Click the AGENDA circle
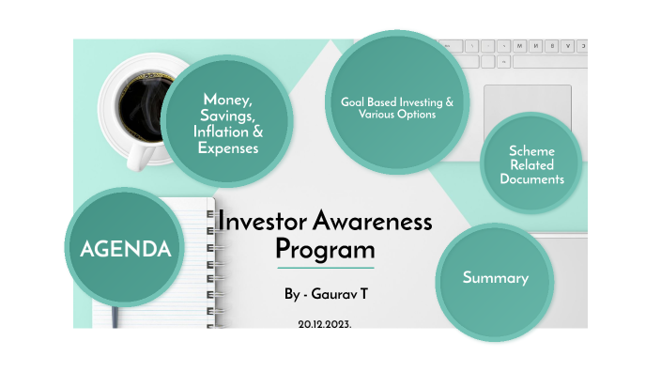pyautogui.click(x=125, y=249)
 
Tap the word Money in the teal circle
pyautogui.click(x=227, y=100)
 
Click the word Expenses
pyautogui.click(x=228, y=147)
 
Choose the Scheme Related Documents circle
pyautogui.click(x=531, y=164)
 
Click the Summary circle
pyautogui.click(x=495, y=278)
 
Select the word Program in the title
pyautogui.click(x=324, y=250)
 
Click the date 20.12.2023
pyautogui.click(x=325, y=323)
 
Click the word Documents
pyautogui.click(x=531, y=178)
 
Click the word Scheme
pyautogui.click(x=531, y=150)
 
